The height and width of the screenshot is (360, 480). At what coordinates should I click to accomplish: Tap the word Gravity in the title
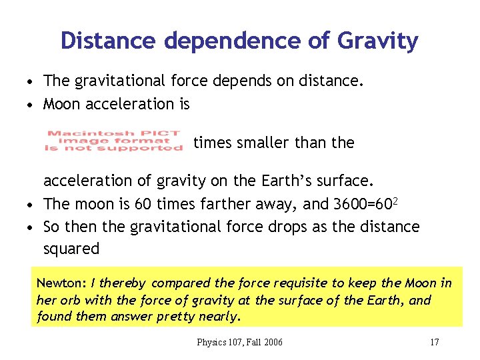click(x=378, y=41)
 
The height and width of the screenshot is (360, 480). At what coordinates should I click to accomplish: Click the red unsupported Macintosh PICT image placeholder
click(x=113, y=141)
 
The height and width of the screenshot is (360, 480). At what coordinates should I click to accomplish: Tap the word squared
click(x=71, y=249)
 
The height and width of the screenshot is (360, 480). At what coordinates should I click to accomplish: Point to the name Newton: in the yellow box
click(x=61, y=283)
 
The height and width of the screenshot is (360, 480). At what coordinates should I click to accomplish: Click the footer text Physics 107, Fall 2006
click(x=239, y=342)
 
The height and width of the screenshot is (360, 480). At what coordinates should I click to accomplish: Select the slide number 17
click(x=434, y=342)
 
